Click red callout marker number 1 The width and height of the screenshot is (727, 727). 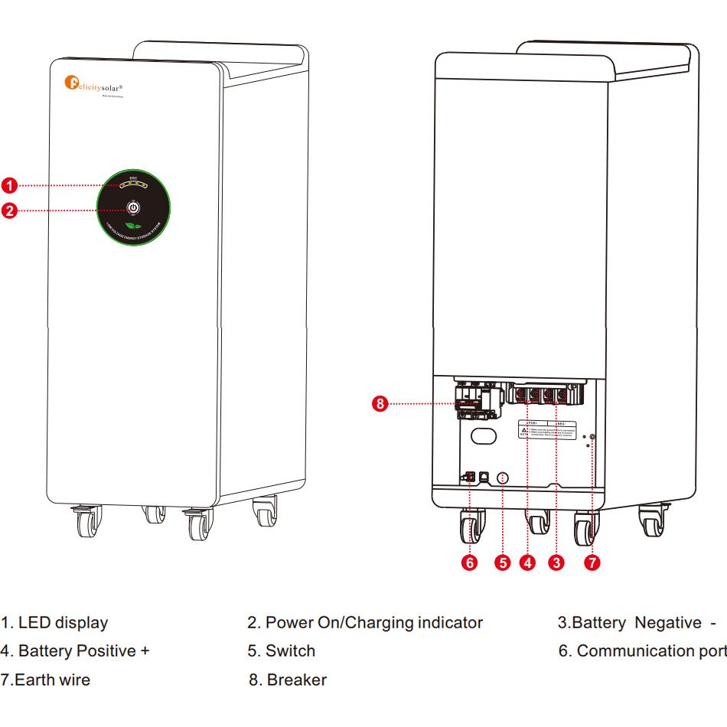[8, 185]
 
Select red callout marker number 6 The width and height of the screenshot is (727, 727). [471, 563]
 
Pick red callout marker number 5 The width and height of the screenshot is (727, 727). [502, 563]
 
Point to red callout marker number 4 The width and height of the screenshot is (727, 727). [527, 563]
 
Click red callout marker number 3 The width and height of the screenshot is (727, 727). [556, 563]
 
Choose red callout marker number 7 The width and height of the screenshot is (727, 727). [592, 563]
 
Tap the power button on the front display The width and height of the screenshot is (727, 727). [133, 207]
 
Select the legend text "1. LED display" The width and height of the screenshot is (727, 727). [54, 623]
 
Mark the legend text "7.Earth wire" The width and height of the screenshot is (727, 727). [45, 680]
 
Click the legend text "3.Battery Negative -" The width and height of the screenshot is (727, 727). [637, 623]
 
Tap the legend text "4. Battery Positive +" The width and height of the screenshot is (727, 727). [75, 651]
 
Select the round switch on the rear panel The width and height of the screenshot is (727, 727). [502, 478]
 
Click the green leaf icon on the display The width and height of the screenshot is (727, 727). [133, 227]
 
